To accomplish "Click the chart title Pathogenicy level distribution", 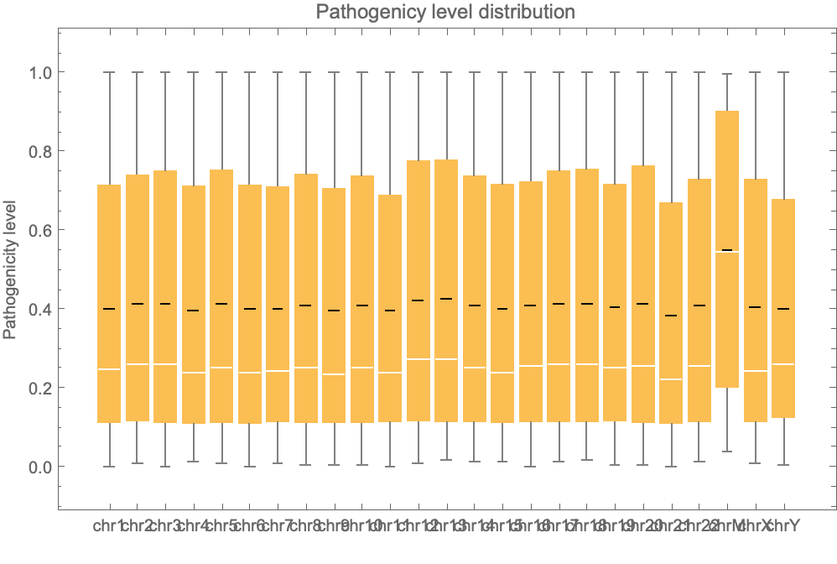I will tap(445, 13).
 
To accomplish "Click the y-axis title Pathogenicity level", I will tap(11, 268).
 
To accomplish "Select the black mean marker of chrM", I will tap(727, 250).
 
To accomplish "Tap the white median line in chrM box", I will tap(727, 253).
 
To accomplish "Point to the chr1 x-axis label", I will tap(109, 526).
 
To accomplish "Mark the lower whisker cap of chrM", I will tap(727, 452).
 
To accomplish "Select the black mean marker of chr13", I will tap(446, 299).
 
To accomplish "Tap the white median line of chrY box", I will tap(783, 364).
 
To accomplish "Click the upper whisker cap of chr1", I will tap(109, 72).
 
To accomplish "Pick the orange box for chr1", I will tap(109, 252).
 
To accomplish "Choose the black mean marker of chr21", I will tap(671, 316).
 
